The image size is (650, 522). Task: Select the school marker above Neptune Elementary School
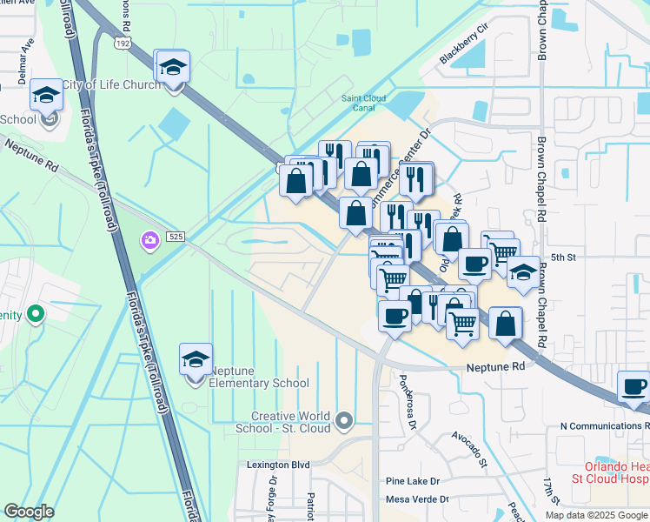(x=196, y=359)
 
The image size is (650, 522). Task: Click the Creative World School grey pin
(x=345, y=422)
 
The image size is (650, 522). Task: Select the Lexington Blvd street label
(x=278, y=465)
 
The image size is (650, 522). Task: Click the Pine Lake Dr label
(x=413, y=481)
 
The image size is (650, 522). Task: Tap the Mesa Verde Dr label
(x=417, y=499)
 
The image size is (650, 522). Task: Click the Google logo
(x=30, y=512)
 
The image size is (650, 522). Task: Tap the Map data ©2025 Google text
(x=595, y=515)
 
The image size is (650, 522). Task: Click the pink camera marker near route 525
(x=149, y=239)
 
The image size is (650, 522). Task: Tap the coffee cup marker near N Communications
(x=633, y=386)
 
